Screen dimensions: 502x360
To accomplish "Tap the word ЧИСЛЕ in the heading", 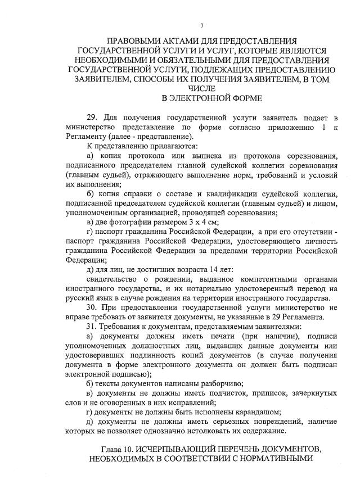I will pyautogui.click(x=201, y=89).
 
